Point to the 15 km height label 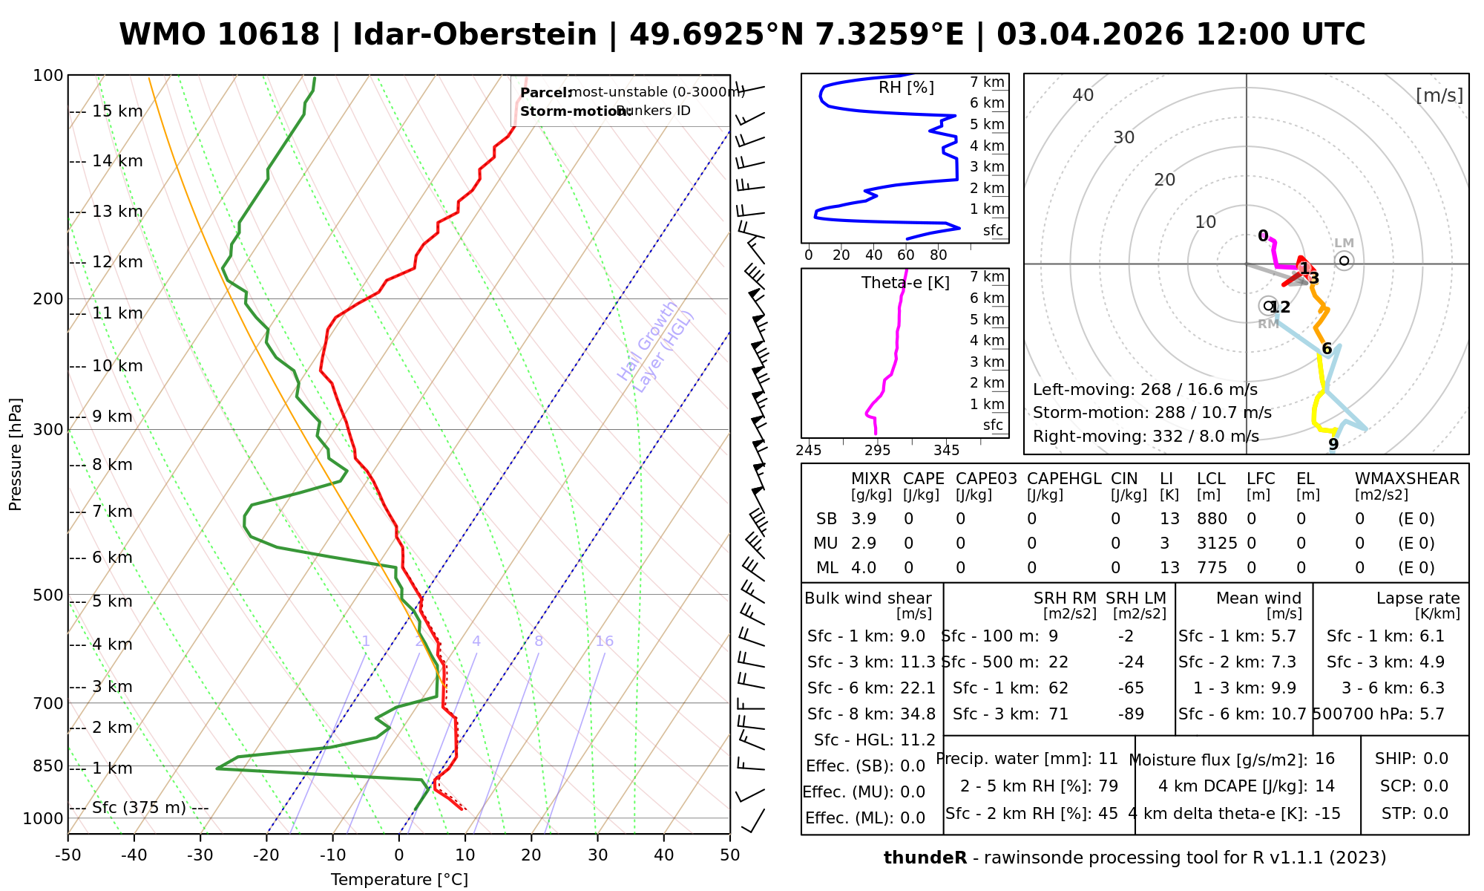(x=117, y=111)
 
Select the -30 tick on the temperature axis (x=200, y=855)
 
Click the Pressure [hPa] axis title (x=16, y=454)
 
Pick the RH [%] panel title (x=906, y=88)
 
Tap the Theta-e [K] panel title (x=905, y=283)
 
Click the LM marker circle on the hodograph (x=1344, y=261)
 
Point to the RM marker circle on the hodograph (x=1268, y=305)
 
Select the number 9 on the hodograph (x=1333, y=444)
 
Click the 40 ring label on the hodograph (x=1083, y=95)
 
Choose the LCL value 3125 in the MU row (x=1217, y=544)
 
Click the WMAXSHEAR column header (x=1407, y=479)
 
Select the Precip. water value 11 (x=1108, y=759)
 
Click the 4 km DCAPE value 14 (x=1324, y=786)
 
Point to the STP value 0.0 (x=1436, y=814)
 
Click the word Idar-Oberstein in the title (x=475, y=35)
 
